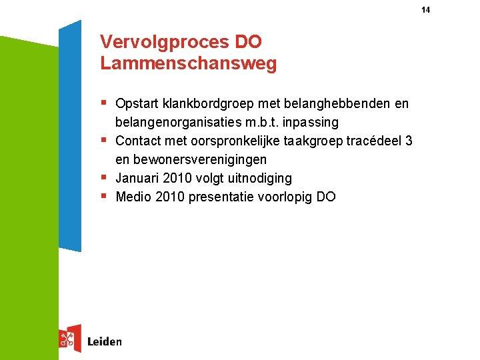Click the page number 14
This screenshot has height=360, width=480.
[426, 10]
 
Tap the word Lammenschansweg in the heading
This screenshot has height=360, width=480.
[188, 64]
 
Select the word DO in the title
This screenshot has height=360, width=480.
[249, 42]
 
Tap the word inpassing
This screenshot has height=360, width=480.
[311, 123]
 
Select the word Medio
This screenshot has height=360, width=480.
[133, 197]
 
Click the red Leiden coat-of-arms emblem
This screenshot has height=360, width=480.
[69, 339]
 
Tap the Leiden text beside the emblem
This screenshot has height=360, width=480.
[105, 342]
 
